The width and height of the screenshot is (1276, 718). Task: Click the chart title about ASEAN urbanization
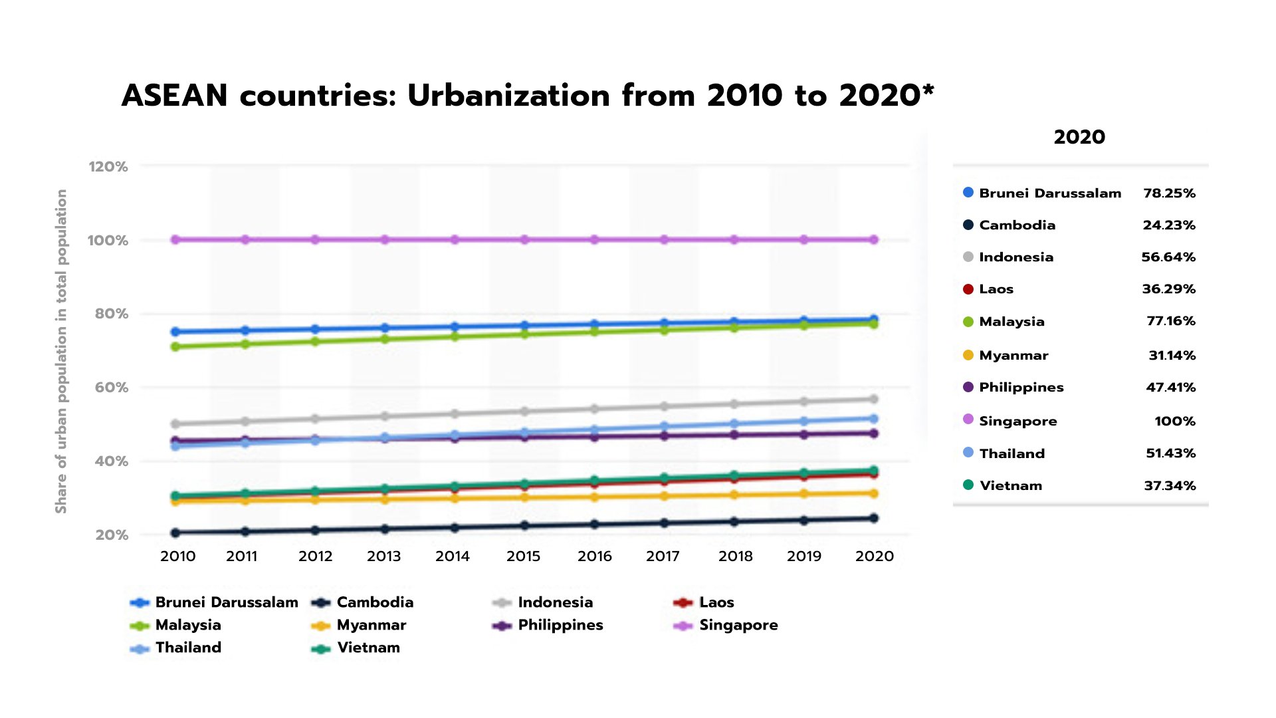[x=528, y=96]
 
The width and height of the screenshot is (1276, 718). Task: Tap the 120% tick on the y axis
[x=108, y=167]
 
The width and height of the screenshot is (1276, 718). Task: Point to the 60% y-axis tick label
[x=111, y=388]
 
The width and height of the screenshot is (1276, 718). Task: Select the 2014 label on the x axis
[x=453, y=556]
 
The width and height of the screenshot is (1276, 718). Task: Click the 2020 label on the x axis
[x=875, y=556]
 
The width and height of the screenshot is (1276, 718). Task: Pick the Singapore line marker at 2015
[x=524, y=239]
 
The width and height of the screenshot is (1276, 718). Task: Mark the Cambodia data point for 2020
[x=873, y=519]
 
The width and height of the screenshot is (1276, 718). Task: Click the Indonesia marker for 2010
[x=175, y=423]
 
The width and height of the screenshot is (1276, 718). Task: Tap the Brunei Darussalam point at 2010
[x=175, y=332]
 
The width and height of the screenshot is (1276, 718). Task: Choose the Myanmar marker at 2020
[x=873, y=493]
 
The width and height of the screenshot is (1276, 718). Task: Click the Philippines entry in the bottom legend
[x=560, y=625]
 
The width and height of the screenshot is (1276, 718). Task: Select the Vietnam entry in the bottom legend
[x=368, y=648]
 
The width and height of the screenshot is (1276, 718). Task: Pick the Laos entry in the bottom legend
[x=716, y=602]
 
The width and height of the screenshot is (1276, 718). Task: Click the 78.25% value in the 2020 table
[x=1169, y=193]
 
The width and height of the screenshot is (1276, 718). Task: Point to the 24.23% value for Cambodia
[x=1169, y=225]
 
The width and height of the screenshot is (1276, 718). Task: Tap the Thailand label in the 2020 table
[x=1011, y=454]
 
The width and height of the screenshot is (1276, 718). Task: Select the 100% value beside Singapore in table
[x=1174, y=421]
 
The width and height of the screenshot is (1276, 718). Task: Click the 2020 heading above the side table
[x=1079, y=138]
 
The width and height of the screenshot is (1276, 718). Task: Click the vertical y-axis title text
[x=61, y=351]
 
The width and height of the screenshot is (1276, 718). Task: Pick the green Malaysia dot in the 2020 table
[x=968, y=322]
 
